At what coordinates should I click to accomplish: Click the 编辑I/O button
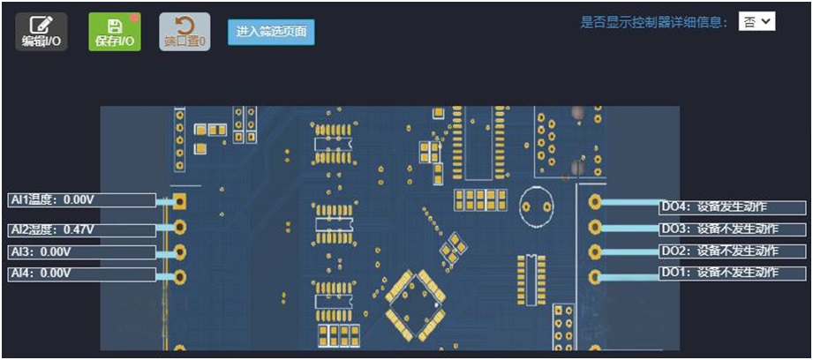pos(34,32)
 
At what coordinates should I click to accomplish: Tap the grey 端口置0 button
pos(184,32)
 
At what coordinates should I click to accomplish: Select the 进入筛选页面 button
pos(271,32)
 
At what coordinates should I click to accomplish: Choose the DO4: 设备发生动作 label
pos(732,207)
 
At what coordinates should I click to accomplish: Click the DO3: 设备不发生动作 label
pos(732,229)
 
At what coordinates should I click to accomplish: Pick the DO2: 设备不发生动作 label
pos(732,251)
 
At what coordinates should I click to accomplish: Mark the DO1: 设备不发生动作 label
pos(732,273)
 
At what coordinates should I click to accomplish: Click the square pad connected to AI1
pos(180,202)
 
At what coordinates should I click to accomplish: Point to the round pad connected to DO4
pos(595,202)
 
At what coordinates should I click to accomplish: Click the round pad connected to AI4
pos(180,277)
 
